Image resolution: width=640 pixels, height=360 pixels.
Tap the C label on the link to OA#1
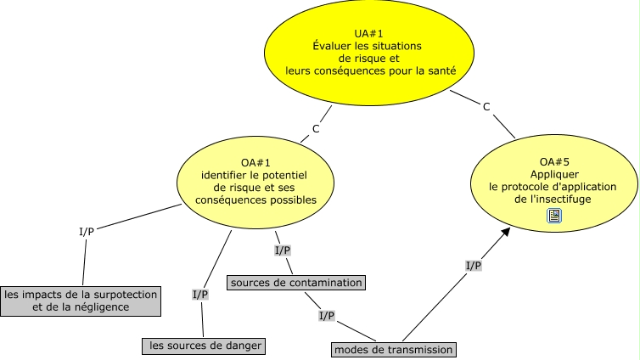pyautogui.click(x=316, y=129)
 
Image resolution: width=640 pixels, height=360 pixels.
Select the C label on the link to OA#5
pyautogui.click(x=486, y=106)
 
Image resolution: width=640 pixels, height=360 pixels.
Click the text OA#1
pyautogui.click(x=249, y=163)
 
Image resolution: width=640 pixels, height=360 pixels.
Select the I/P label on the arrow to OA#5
pyautogui.click(x=474, y=266)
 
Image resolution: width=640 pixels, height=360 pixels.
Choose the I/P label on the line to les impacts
pyautogui.click(x=86, y=232)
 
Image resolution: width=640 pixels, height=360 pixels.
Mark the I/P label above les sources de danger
pyautogui.click(x=199, y=295)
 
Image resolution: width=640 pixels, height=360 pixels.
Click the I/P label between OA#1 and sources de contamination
pyautogui.click(x=283, y=250)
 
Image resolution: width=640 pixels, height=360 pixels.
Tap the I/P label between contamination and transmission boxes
pyautogui.click(x=326, y=316)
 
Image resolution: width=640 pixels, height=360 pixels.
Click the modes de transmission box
pyautogui.click(x=393, y=349)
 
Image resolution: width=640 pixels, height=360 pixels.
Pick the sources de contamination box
pyautogui.click(x=295, y=282)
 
